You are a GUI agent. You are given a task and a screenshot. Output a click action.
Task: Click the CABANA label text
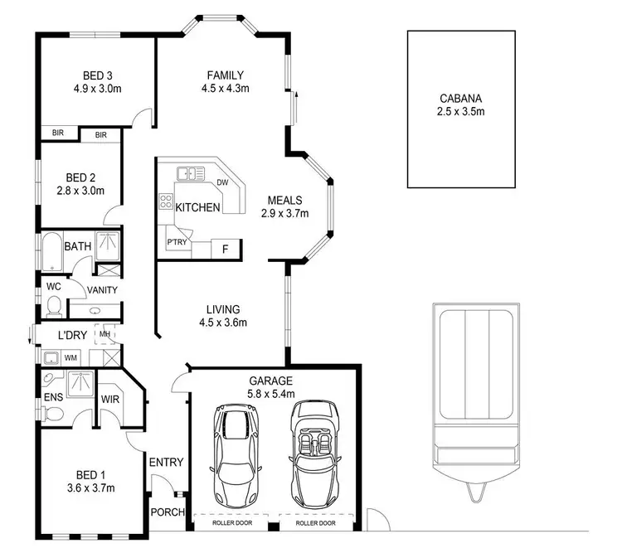tap(462, 97)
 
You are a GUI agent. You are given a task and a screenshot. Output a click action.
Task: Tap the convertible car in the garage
tap(315, 449)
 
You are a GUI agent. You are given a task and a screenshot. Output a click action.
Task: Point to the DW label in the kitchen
tap(222, 182)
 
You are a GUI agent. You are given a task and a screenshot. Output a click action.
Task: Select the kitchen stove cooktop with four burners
tap(165, 201)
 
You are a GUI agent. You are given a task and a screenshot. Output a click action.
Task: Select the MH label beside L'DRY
tap(104, 333)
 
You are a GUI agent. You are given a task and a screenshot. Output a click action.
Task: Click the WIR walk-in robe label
tap(109, 398)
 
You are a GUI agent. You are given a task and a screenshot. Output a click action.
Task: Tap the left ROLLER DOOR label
tap(233, 524)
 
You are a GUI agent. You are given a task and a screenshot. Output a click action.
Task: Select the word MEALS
tap(284, 200)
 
